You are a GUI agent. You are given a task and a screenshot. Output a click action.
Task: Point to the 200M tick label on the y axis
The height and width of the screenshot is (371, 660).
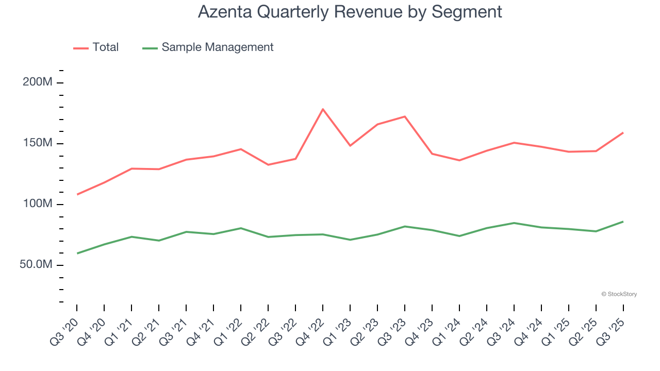37,82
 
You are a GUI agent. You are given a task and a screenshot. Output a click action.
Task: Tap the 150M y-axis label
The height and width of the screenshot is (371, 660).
37,143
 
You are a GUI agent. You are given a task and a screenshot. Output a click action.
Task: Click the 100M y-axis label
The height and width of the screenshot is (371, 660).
37,204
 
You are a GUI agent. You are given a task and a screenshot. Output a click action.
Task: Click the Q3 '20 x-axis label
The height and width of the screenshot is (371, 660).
65,330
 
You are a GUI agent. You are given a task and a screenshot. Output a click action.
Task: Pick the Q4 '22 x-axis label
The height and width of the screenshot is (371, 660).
311,330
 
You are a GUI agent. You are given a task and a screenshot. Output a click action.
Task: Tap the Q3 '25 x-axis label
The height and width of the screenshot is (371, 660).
612,330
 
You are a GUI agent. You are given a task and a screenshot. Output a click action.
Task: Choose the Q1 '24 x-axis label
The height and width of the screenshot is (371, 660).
448,330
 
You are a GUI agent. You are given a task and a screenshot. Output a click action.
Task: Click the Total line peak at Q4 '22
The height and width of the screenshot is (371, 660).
323,109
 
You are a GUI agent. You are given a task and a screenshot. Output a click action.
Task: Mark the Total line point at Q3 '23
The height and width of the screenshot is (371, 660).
405,116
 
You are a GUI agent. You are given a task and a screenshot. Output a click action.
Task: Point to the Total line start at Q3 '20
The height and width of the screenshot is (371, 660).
77,194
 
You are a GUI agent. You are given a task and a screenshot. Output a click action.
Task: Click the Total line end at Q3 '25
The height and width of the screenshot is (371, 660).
623,133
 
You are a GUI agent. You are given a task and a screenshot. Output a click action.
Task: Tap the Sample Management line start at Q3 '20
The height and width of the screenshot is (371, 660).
77,253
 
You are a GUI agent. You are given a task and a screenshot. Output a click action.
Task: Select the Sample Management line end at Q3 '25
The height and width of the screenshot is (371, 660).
623,222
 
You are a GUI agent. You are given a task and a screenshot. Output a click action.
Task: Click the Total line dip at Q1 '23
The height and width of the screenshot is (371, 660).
350,146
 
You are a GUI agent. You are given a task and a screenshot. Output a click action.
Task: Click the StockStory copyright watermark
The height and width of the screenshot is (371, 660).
619,294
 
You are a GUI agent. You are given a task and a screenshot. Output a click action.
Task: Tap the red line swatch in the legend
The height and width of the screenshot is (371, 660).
80,48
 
